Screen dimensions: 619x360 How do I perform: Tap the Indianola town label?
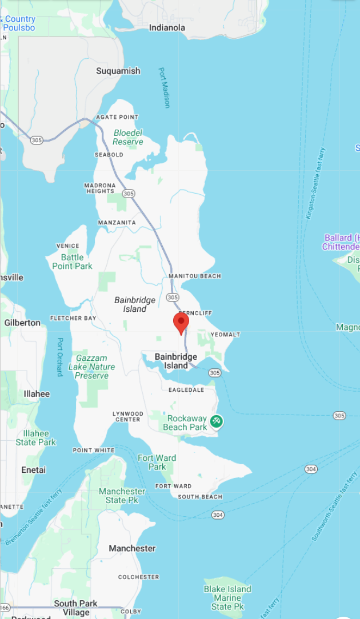[x=167, y=27]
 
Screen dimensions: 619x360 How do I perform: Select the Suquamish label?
[x=118, y=71]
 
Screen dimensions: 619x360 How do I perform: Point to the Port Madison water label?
[x=164, y=87]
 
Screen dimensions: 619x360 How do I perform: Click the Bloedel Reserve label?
[x=128, y=137]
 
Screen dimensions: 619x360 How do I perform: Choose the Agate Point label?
[x=117, y=117]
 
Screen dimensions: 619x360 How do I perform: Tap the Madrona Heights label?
[x=100, y=188]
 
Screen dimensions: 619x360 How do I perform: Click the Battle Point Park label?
[x=72, y=262]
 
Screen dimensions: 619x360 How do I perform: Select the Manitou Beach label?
[x=195, y=276]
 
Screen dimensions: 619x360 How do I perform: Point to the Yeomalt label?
[x=225, y=335]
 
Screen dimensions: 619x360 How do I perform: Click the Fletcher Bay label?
[x=73, y=318]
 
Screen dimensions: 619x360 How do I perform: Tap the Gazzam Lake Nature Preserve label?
[x=91, y=367]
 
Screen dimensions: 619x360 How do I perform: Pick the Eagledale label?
[x=186, y=390]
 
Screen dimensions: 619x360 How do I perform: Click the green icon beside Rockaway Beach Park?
[x=216, y=421]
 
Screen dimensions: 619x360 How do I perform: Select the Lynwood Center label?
[x=128, y=416]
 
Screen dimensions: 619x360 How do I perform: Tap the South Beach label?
[x=200, y=497]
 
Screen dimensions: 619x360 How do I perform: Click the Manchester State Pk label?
[x=122, y=496]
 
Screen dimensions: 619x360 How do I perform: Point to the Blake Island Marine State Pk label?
[x=227, y=597]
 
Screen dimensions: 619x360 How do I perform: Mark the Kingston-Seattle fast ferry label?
[x=315, y=183]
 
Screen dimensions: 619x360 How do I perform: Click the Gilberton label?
[x=22, y=323]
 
